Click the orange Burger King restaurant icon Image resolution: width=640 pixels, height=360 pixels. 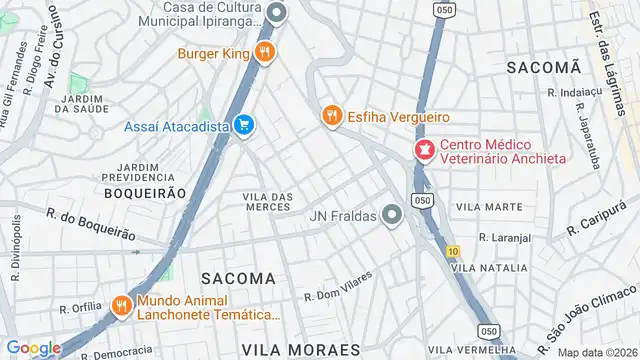264,53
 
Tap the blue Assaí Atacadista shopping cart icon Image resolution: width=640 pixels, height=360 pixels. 243,125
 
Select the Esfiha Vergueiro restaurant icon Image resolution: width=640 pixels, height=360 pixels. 332,116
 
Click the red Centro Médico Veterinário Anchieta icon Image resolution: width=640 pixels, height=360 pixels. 424,151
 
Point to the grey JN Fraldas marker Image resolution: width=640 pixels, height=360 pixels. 392,215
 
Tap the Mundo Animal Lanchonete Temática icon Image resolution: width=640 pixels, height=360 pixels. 122,305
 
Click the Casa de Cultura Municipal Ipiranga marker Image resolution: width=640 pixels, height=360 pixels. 278,13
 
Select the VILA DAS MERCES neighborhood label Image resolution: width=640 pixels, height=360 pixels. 268,200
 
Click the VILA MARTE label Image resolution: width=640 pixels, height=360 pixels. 489,206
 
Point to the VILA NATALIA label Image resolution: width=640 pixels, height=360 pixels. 489,268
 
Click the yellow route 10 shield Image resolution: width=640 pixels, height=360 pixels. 453,250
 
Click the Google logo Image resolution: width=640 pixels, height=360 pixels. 32,347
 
